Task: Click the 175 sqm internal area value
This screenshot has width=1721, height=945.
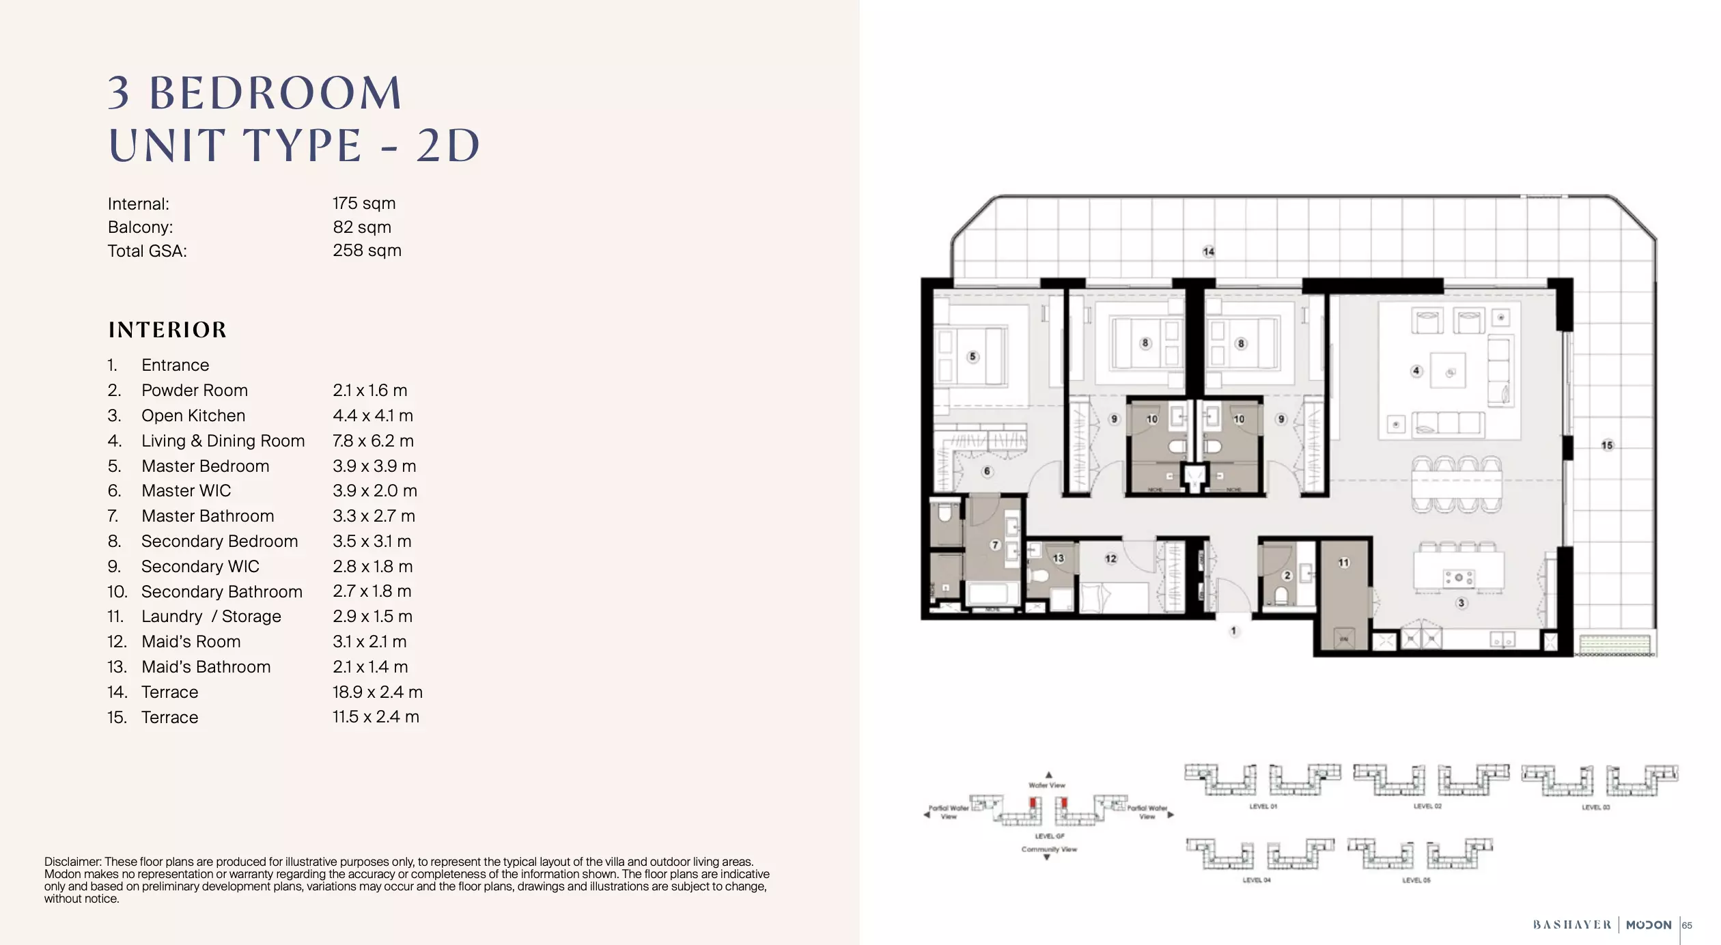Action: [364, 203]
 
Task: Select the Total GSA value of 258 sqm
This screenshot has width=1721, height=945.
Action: [367, 251]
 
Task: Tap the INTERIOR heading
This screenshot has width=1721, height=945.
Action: [167, 330]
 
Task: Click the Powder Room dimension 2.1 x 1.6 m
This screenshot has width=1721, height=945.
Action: [369, 391]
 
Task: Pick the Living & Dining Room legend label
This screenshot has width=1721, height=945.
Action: [223, 441]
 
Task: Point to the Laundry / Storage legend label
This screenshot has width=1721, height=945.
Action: [211, 617]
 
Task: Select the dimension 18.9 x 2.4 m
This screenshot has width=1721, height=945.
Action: [377, 692]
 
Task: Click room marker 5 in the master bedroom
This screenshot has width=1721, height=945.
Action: [973, 356]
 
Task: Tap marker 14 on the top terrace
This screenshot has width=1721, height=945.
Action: [1208, 252]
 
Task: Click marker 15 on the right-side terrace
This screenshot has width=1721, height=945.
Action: [1607, 445]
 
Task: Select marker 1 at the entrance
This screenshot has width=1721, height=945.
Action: [1233, 631]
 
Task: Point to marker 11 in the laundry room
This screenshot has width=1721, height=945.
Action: [1343, 563]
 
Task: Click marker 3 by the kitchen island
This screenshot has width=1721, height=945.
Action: [1461, 603]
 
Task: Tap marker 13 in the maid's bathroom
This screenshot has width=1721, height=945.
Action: [1058, 558]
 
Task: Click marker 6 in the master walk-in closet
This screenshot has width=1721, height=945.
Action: [986, 471]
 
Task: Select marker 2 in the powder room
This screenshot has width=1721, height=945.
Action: [1287, 576]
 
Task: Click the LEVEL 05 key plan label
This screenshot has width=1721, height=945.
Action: [1416, 880]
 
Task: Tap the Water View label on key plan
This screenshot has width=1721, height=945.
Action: [1047, 785]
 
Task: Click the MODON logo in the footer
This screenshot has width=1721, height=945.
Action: [1648, 925]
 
